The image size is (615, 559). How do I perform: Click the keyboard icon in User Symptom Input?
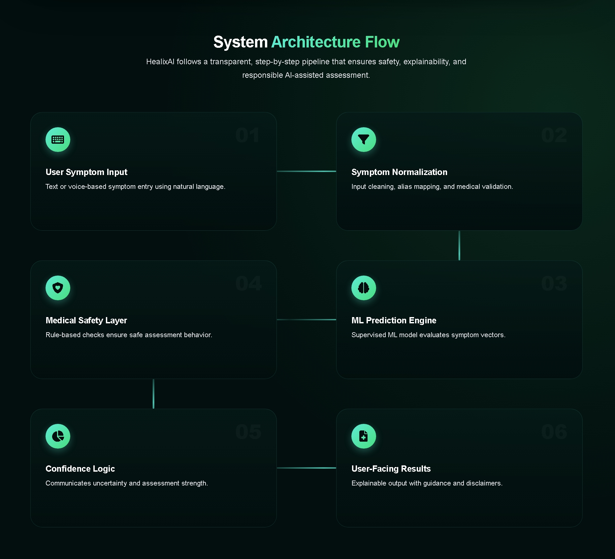(x=58, y=140)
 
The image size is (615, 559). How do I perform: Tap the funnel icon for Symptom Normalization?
(x=364, y=140)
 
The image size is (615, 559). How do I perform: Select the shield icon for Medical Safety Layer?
(x=58, y=288)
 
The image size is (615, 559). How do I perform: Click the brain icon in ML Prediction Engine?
(x=364, y=288)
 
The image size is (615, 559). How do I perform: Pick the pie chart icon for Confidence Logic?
(x=58, y=436)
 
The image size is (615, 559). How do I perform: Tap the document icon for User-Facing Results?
(x=364, y=436)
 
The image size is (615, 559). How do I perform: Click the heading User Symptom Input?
(x=86, y=172)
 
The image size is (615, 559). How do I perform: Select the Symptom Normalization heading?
(x=399, y=172)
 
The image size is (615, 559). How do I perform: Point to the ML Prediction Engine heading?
(x=394, y=320)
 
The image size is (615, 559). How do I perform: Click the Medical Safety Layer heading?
(x=86, y=320)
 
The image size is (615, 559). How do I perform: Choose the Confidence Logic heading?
(x=80, y=469)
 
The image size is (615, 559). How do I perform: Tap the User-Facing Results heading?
(x=391, y=469)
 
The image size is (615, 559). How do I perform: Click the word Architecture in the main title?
(x=316, y=42)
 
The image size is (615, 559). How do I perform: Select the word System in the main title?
(x=240, y=42)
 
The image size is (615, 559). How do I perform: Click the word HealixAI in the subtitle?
(x=160, y=62)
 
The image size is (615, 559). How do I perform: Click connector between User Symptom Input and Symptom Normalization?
(x=306, y=171)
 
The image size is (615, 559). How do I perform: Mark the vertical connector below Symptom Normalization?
(x=459, y=246)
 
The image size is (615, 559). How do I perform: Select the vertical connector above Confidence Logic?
(x=153, y=394)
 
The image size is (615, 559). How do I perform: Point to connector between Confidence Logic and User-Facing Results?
(x=306, y=468)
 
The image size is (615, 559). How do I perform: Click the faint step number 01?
(x=247, y=135)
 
